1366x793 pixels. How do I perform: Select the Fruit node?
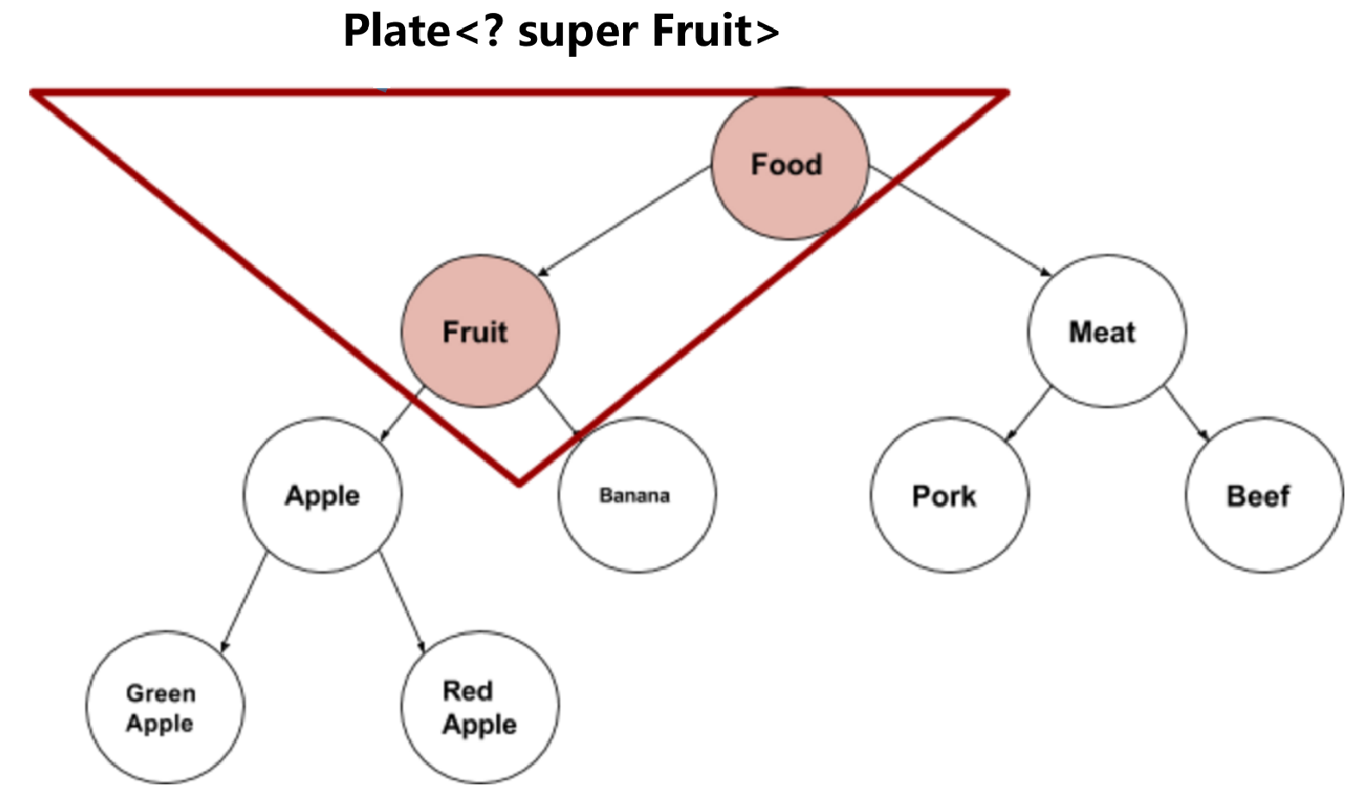(x=480, y=331)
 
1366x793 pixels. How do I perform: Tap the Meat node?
(x=1107, y=331)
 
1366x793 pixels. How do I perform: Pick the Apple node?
(x=322, y=496)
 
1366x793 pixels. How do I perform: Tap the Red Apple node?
(x=480, y=708)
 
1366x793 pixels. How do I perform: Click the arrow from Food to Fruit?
(x=625, y=222)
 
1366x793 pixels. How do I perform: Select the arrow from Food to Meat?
(x=961, y=222)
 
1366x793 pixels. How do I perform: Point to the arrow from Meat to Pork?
(x=1028, y=414)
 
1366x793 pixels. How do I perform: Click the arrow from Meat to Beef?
(x=1187, y=414)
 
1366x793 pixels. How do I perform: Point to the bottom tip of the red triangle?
(x=519, y=483)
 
